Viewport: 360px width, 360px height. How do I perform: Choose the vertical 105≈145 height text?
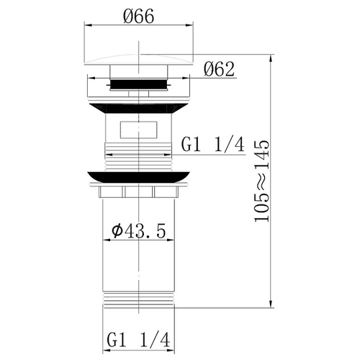266,181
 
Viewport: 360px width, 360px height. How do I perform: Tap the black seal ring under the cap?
140,84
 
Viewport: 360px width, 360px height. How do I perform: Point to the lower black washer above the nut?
140,176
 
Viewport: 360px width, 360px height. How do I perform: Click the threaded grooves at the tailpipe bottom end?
140,300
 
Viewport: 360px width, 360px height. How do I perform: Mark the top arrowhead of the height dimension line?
271,56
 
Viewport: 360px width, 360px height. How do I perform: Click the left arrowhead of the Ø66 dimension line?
89,27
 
